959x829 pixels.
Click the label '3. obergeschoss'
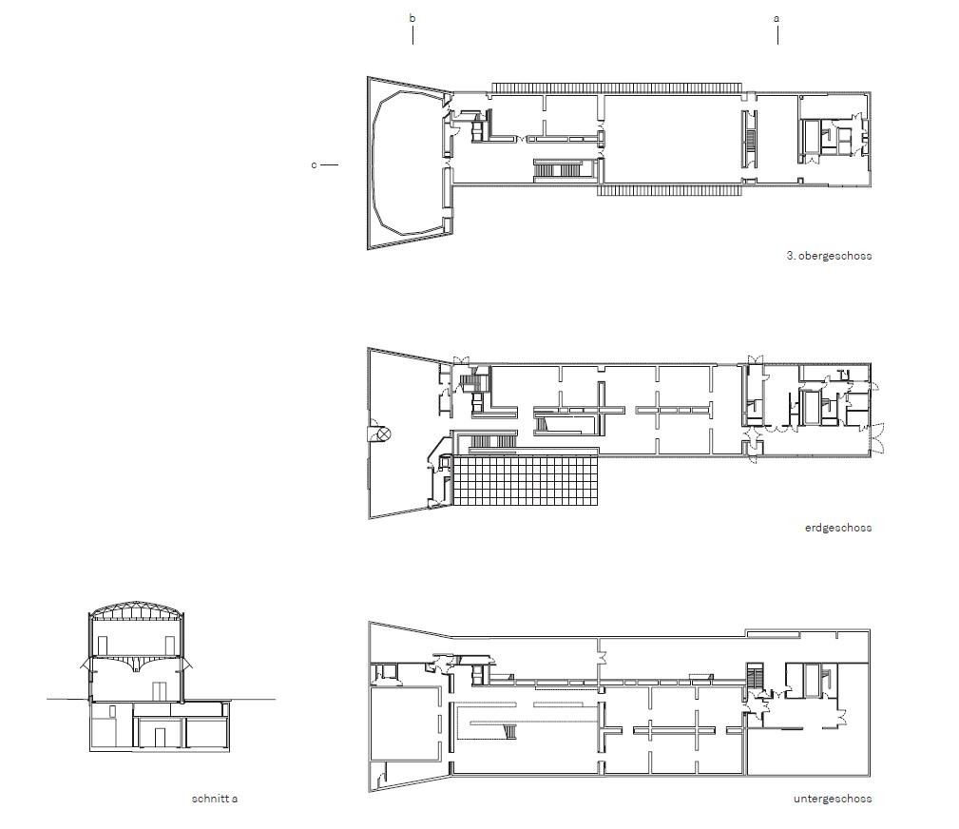(829, 256)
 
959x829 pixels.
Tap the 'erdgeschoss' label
(838, 528)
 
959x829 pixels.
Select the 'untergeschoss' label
(833, 799)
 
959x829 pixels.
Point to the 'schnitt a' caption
(215, 799)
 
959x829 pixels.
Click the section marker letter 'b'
(412, 18)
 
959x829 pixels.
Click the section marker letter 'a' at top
(777, 18)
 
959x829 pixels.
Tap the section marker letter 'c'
(315, 164)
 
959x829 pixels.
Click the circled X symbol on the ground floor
(383, 434)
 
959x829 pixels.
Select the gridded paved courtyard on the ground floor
(526, 480)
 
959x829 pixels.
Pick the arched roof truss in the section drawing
(136, 610)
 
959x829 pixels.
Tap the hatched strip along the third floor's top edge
(617, 87)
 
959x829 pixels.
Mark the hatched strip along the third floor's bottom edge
(669, 191)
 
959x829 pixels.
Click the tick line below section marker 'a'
(777, 36)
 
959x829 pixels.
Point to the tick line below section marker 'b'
(412, 36)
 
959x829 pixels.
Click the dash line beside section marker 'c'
(329, 164)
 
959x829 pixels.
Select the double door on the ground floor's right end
(878, 437)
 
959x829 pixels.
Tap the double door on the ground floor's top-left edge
(461, 360)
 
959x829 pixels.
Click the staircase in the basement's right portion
(756, 676)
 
